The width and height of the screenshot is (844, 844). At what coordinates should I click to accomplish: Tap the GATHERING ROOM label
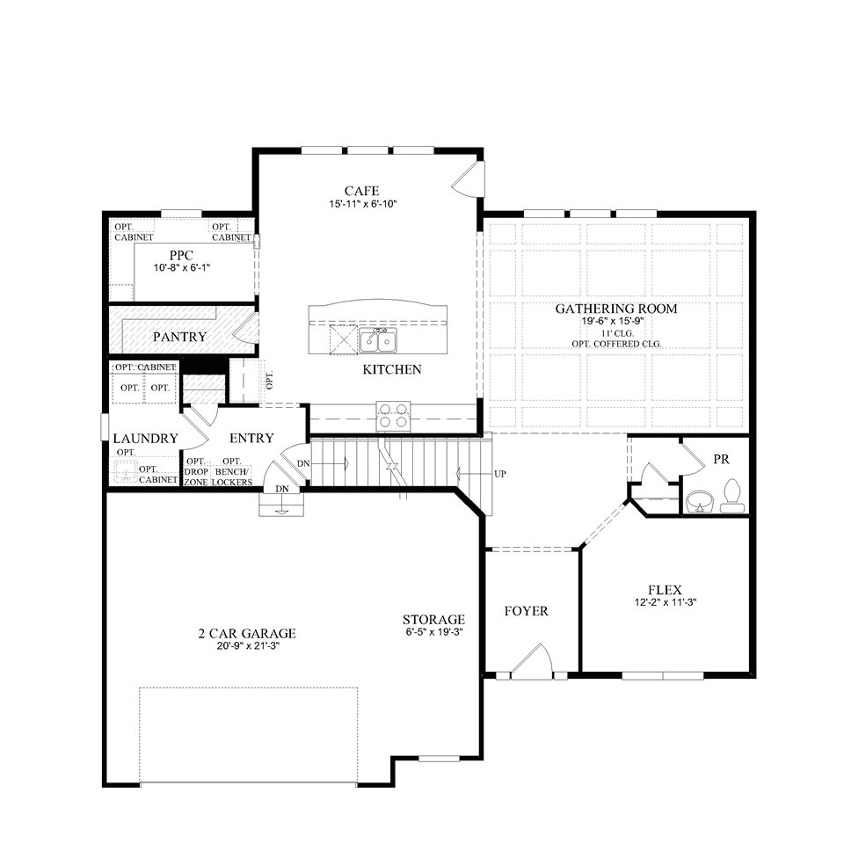(615, 309)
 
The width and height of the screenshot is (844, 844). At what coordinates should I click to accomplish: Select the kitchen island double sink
(379, 339)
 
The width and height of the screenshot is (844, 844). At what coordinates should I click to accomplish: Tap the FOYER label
(526, 611)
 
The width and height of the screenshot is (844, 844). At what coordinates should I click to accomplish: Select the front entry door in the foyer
(531, 661)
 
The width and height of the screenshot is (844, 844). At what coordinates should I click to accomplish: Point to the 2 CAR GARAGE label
(246, 633)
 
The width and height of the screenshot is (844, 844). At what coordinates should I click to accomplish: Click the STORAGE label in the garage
(433, 619)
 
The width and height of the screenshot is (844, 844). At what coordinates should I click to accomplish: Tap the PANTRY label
(179, 337)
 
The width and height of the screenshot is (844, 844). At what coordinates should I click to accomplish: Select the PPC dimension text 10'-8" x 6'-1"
(182, 267)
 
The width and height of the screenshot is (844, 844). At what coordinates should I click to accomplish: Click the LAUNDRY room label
(145, 438)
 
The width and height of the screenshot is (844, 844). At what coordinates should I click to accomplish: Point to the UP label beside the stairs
(500, 474)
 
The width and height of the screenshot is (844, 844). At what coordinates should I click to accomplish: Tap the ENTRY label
(251, 438)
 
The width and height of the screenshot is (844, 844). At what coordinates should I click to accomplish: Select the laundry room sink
(126, 474)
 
